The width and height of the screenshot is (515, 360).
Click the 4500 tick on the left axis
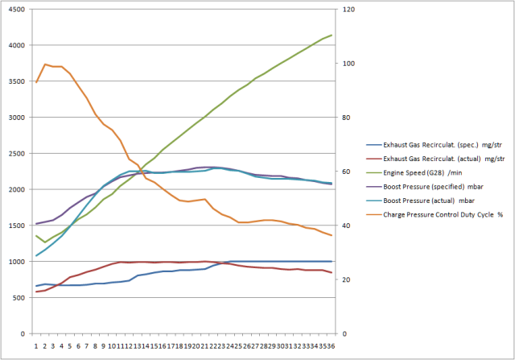(14, 9)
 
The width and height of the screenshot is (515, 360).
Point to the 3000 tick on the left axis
(14, 117)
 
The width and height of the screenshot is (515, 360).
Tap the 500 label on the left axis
(17, 297)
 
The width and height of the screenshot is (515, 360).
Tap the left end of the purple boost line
(36, 224)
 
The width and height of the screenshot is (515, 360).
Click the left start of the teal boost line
(36, 255)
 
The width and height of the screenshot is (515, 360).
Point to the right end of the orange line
(332, 235)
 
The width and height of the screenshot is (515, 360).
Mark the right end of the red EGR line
(332, 272)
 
